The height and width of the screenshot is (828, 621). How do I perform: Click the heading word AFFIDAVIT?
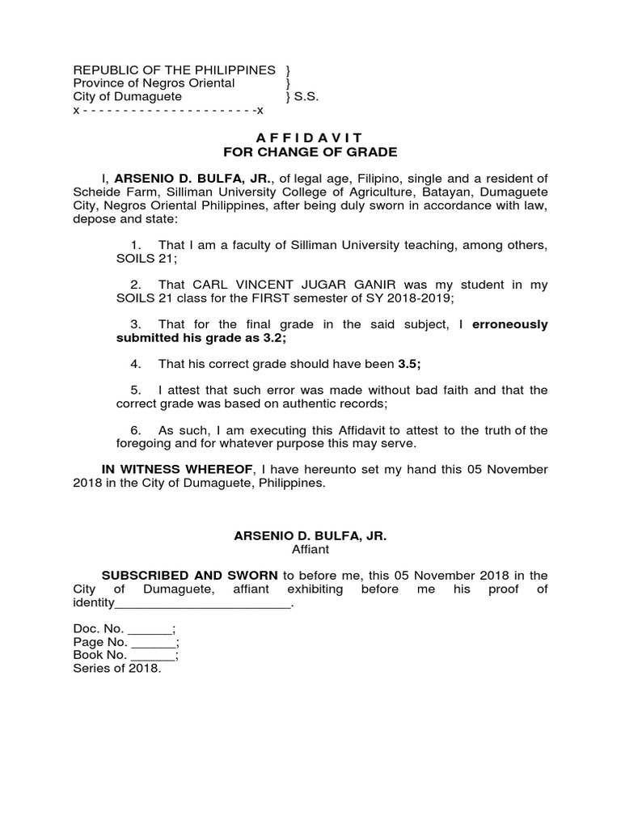tap(310, 138)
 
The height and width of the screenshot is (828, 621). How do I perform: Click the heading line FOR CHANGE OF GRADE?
tap(310, 152)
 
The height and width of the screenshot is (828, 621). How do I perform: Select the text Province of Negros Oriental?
tap(154, 83)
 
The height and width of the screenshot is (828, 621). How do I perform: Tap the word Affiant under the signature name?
tap(310, 549)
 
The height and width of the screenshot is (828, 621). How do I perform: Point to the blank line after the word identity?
tap(202, 603)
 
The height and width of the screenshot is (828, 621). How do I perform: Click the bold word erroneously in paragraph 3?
tap(509, 324)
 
